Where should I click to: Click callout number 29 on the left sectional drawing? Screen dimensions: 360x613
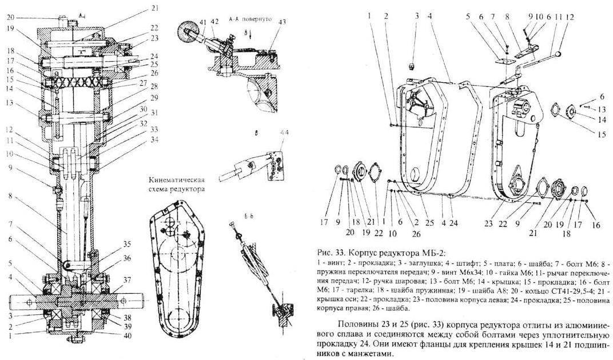[x=138, y=98]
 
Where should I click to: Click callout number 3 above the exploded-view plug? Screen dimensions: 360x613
[x=417, y=15]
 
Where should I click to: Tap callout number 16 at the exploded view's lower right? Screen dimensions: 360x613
[x=596, y=225]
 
